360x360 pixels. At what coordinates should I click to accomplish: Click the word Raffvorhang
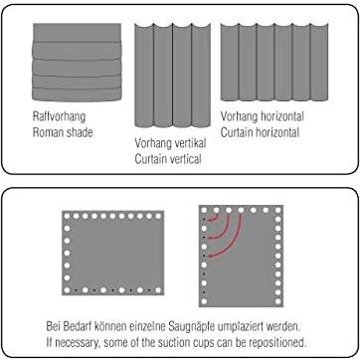click(59, 116)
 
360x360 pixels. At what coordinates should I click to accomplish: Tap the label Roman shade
click(63, 132)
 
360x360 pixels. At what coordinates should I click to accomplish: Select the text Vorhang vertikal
click(170, 143)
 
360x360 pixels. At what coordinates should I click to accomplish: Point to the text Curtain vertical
click(168, 159)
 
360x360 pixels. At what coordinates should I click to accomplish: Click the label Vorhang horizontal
click(263, 116)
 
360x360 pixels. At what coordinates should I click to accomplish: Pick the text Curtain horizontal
click(260, 132)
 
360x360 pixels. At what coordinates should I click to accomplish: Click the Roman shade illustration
click(77, 63)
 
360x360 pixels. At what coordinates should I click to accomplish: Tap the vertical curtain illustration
click(172, 75)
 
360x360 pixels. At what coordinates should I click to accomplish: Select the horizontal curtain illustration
click(274, 62)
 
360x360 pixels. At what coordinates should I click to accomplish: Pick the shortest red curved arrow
click(215, 218)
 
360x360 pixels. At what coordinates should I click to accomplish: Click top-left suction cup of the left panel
click(67, 216)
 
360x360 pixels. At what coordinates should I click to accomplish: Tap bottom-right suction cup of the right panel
click(277, 301)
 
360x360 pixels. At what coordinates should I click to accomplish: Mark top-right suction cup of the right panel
click(277, 210)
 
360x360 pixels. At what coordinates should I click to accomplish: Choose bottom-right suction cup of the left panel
click(158, 290)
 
